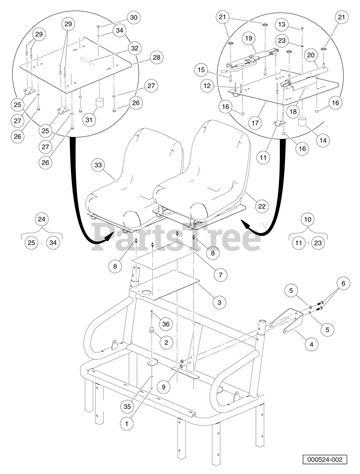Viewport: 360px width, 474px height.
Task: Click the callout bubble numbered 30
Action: (134, 17)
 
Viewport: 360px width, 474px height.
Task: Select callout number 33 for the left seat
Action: (98, 166)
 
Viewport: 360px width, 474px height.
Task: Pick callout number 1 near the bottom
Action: (127, 423)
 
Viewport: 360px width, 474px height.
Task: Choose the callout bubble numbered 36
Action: (166, 324)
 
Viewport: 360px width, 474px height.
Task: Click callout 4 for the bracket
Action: (311, 344)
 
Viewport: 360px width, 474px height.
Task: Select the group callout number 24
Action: (42, 219)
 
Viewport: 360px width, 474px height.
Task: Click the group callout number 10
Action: (308, 219)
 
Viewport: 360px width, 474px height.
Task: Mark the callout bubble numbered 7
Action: (220, 274)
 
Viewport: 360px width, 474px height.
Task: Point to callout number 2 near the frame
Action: (166, 343)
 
